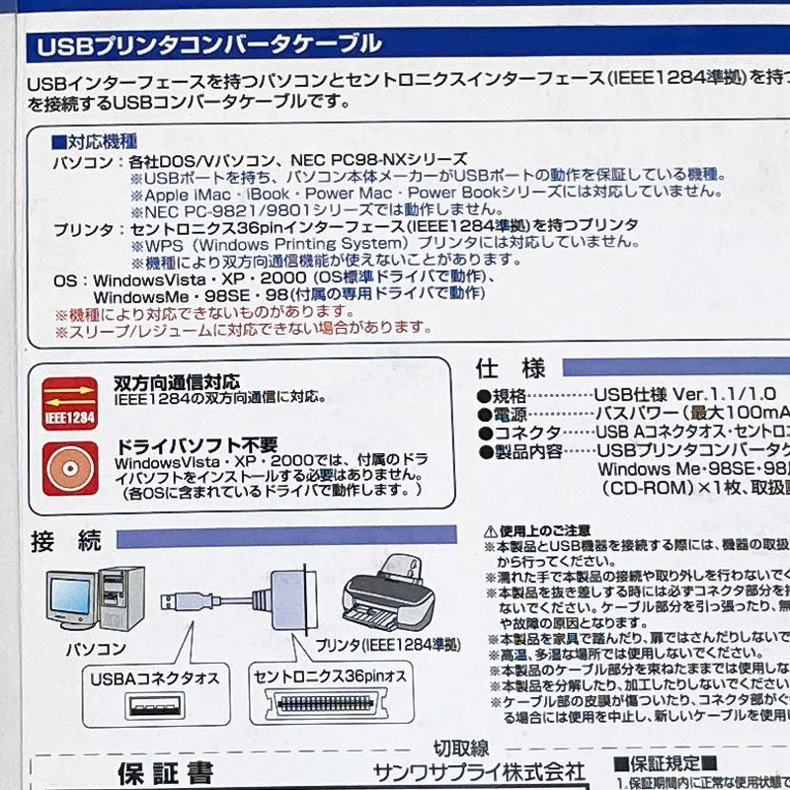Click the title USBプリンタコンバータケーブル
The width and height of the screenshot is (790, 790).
(208, 44)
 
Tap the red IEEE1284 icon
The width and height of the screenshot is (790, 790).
(69, 404)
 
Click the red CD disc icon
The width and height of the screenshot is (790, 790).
(69, 467)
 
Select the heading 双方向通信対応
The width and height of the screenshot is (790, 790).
(176, 382)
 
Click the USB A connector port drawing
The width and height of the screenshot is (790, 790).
(154, 707)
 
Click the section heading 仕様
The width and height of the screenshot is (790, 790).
(510, 368)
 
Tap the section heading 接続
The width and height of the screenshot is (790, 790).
(66, 540)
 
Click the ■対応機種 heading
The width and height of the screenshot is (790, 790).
(94, 142)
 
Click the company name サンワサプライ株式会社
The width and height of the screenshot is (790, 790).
(479, 770)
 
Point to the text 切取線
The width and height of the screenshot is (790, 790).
(461, 749)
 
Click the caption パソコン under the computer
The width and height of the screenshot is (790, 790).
(96, 649)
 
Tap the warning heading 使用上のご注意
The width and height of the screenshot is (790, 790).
(539, 530)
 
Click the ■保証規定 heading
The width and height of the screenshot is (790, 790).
(660, 764)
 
